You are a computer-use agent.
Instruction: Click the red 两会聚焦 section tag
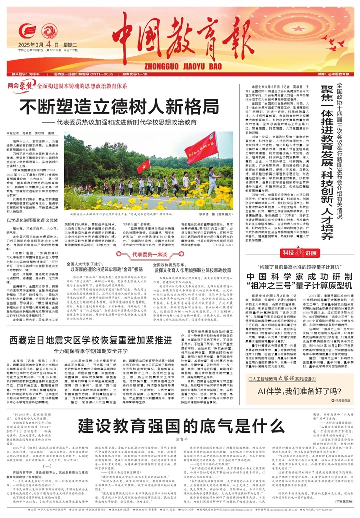(x=22, y=87)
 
